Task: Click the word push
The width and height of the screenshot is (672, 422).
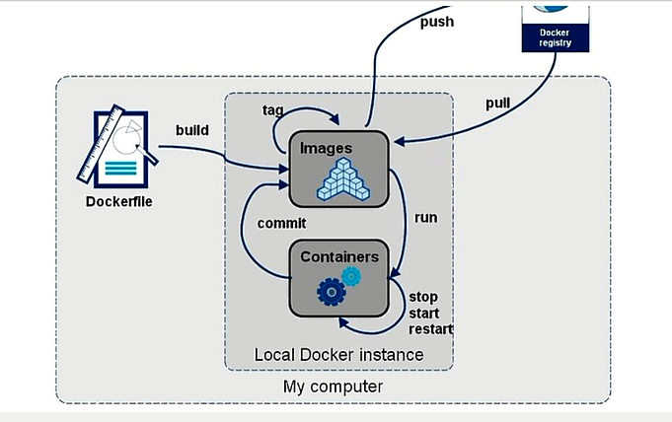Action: pos(436,21)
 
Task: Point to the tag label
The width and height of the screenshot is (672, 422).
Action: pos(274,108)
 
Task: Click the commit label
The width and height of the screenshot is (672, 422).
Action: pos(281,223)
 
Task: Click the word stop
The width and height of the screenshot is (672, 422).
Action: pos(423,297)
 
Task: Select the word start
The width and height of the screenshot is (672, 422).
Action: pos(424,313)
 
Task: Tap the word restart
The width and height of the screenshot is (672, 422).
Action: pos(431,328)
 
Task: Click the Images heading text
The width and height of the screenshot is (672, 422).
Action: pos(327,148)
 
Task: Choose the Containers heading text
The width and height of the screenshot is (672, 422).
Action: pos(339,256)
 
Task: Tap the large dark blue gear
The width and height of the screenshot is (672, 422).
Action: pos(332,290)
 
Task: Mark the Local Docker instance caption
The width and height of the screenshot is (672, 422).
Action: pos(338,354)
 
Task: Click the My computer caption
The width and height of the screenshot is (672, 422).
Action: pos(333,386)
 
